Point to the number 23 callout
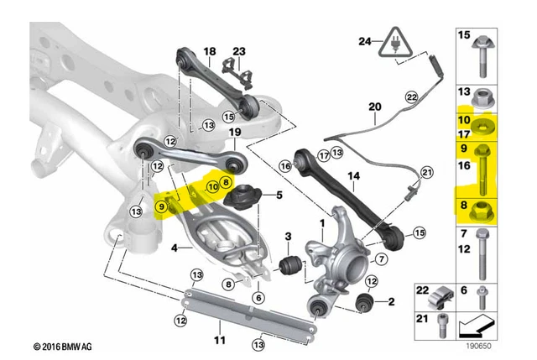(239, 51)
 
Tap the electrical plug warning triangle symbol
(390, 44)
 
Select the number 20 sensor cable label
(373, 107)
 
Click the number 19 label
(236, 133)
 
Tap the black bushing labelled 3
(291, 266)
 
